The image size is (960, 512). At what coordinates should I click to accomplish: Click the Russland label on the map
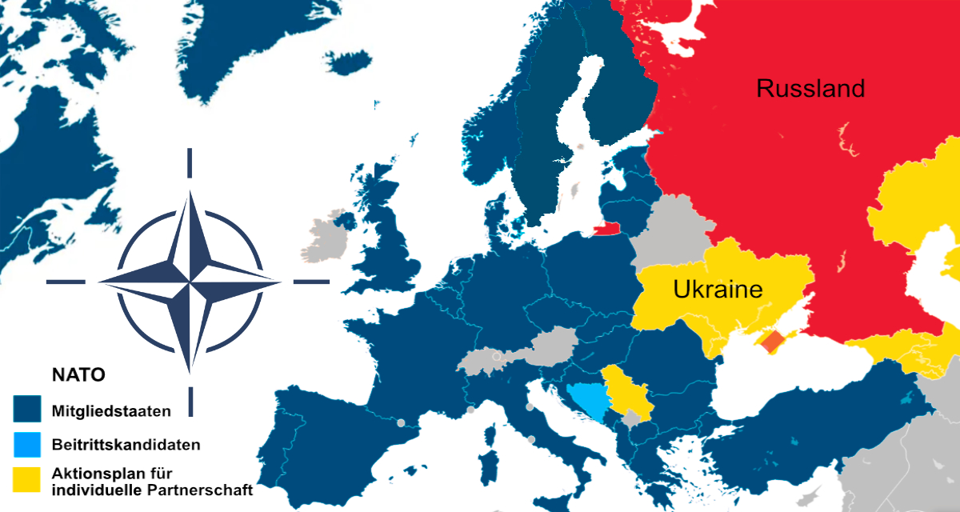point(810,88)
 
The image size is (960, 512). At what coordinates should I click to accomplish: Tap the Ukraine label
point(718,290)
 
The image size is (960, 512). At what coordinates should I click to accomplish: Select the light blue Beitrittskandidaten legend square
point(26,444)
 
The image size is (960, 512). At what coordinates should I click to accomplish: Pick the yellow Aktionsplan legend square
point(26,478)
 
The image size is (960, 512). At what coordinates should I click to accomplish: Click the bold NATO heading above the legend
point(79,374)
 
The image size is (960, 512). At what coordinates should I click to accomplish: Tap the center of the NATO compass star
point(190,282)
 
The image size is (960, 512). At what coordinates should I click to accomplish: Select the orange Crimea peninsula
point(773,343)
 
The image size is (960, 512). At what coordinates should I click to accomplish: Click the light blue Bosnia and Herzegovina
point(587,398)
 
